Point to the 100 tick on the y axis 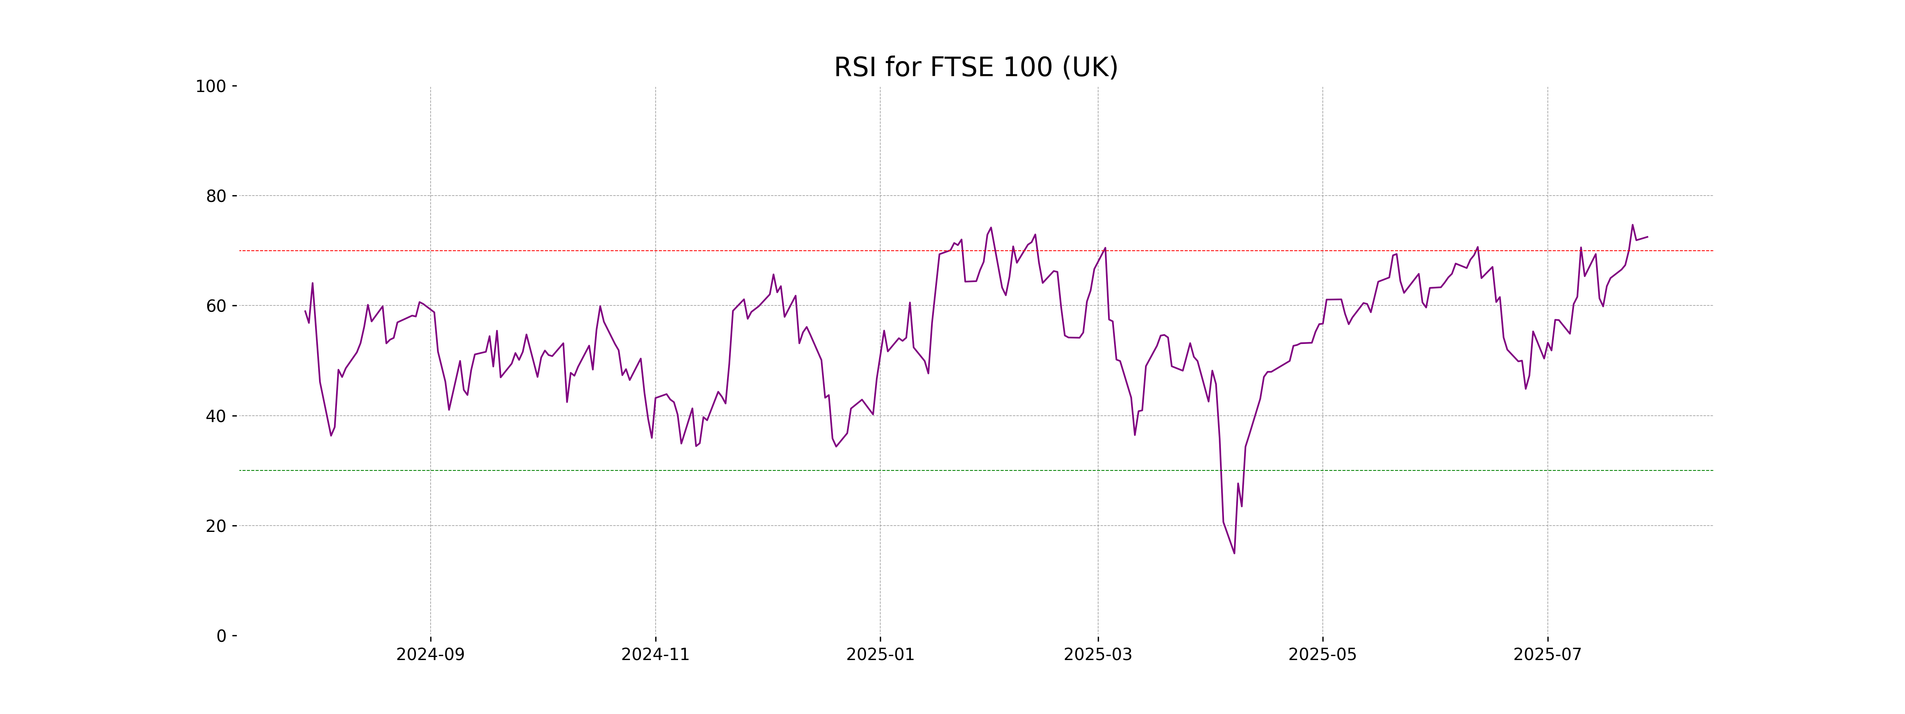pyautogui.click(x=211, y=86)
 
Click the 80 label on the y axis pyautogui.click(x=216, y=196)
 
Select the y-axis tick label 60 pyautogui.click(x=216, y=306)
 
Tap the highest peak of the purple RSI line pyautogui.click(x=1632, y=225)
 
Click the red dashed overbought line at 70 pyautogui.click(x=739, y=251)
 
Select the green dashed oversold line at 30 pyautogui.click(x=739, y=470)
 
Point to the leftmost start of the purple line pyautogui.click(x=306, y=311)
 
